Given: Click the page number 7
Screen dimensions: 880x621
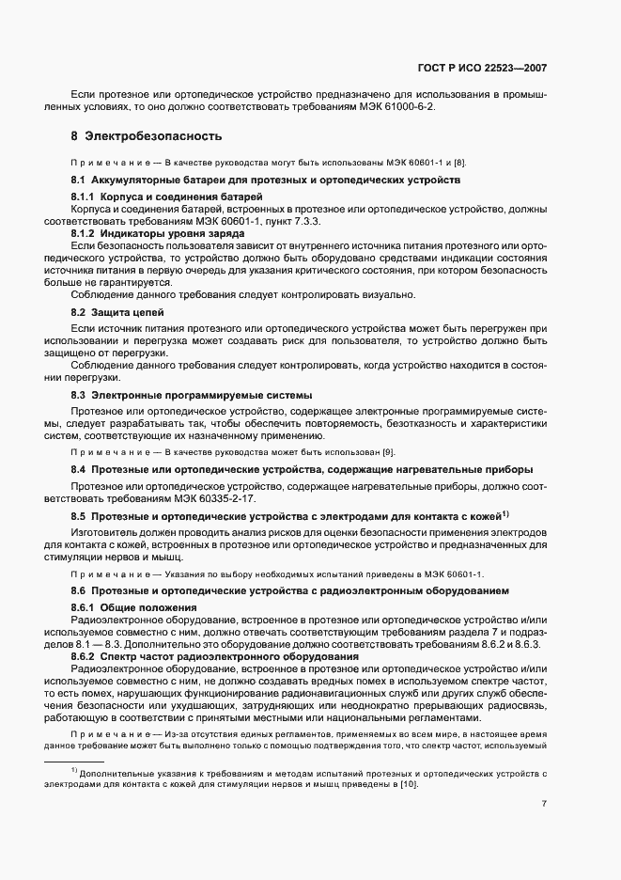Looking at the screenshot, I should [544, 804].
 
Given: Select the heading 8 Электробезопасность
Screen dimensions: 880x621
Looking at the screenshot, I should [146, 136].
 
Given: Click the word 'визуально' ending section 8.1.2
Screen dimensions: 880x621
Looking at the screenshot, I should [387, 294].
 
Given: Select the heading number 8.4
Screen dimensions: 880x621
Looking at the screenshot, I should [79, 469].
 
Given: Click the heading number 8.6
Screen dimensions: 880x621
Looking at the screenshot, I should [79, 590].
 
